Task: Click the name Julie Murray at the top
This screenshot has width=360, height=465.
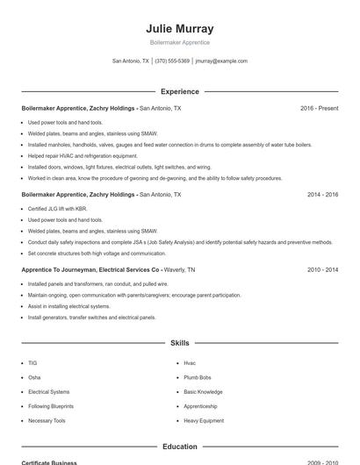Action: click(x=179, y=28)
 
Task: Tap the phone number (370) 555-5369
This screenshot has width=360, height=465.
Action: click(x=173, y=61)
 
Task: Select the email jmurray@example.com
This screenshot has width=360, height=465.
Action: click(x=221, y=61)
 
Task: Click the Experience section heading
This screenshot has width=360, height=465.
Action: click(x=179, y=91)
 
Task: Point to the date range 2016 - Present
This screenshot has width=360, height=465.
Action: click(x=319, y=108)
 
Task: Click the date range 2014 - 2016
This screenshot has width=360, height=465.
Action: click(x=322, y=194)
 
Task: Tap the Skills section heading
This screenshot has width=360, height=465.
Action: click(x=179, y=343)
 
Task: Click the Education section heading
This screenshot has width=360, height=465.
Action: click(x=179, y=447)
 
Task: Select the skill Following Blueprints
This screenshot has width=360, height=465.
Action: click(x=51, y=406)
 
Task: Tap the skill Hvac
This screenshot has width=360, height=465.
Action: click(x=190, y=362)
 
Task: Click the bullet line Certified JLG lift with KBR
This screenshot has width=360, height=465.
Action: click(x=58, y=209)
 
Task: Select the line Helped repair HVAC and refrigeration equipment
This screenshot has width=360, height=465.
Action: click(x=77, y=155)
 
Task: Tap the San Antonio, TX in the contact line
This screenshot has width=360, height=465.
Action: click(x=131, y=61)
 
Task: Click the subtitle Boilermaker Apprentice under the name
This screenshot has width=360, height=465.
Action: click(x=179, y=42)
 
